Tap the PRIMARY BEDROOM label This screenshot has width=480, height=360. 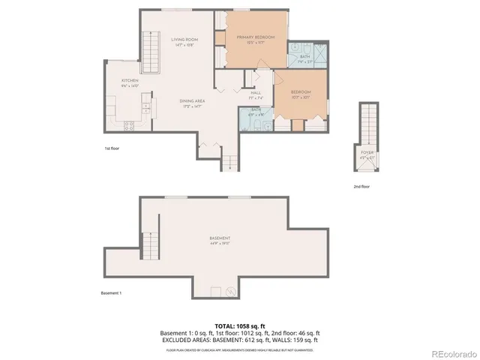click(255, 37)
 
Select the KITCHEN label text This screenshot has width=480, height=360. click(130, 80)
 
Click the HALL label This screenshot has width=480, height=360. click(255, 93)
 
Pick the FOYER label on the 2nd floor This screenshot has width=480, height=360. click(367, 152)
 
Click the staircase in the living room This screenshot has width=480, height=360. click(151, 53)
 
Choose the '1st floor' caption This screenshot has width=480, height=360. click(112, 148)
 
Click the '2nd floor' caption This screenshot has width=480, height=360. click(361, 186)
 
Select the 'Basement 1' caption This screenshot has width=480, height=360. click(110, 293)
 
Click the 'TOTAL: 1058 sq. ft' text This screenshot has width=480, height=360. click(239, 325)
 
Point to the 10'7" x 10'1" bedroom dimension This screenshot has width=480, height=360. click(300, 97)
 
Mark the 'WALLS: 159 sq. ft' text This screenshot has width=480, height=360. click(296, 340)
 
